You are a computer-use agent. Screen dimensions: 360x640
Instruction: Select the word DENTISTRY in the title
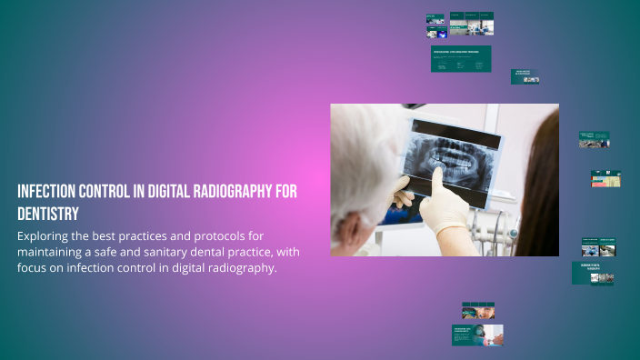coord(47,214)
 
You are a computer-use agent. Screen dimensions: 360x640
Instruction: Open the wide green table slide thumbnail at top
coord(461,59)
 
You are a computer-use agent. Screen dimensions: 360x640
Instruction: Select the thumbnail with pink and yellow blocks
coord(605,178)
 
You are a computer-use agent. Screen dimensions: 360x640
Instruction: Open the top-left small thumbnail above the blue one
coord(435,18)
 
